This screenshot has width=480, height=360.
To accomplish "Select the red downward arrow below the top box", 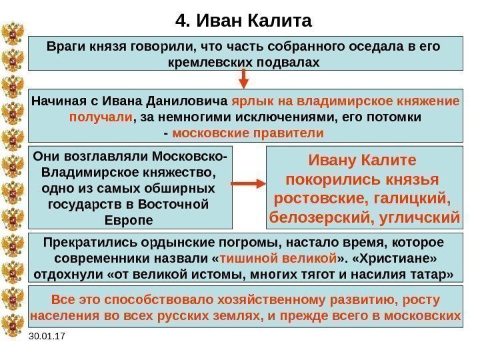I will point(243,79).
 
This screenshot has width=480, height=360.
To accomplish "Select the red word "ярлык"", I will point(249,103).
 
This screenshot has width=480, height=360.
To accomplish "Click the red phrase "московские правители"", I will point(248,133).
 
